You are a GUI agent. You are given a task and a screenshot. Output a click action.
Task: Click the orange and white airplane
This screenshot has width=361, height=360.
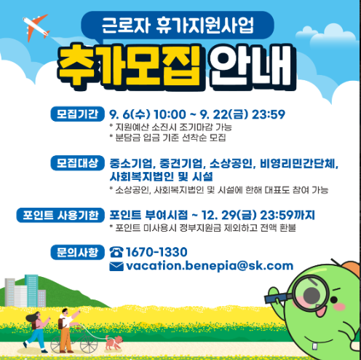(36, 27)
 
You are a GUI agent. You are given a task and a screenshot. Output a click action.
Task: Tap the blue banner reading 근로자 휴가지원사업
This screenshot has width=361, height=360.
(178, 26)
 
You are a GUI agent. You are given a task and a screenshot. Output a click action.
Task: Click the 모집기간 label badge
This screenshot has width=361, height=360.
(77, 114)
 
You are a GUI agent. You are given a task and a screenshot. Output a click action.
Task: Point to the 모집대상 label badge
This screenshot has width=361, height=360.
(77, 163)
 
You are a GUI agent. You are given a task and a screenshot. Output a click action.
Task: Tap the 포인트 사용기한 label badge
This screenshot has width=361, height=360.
(60, 215)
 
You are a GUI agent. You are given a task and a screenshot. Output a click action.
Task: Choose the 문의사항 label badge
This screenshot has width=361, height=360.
(77, 252)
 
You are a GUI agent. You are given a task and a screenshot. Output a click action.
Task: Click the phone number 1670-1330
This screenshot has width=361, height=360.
(156, 252)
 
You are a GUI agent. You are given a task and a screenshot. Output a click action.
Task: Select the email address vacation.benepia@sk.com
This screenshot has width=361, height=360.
(210, 266)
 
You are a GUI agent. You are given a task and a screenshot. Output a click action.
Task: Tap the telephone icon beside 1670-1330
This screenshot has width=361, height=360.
(116, 252)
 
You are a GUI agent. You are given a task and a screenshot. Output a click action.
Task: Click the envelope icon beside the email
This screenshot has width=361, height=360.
(116, 266)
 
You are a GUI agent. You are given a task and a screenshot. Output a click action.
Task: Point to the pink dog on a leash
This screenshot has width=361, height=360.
(114, 342)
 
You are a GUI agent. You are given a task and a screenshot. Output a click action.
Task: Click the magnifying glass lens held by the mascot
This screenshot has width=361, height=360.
(311, 294)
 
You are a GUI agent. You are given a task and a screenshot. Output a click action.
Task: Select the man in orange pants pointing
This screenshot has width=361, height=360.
(67, 330)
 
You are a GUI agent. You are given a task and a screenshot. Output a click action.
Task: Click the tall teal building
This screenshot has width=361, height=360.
(31, 291)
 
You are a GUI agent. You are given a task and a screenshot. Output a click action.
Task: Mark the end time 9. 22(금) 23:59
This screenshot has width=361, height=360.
(242, 114)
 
